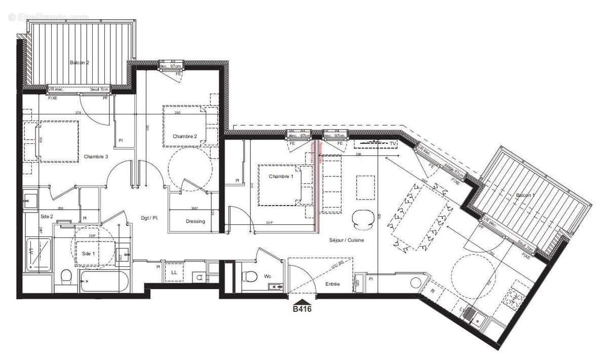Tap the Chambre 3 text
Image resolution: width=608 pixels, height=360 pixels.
pyautogui.click(x=96, y=156)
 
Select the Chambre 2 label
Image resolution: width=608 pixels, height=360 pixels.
pyautogui.click(x=184, y=136)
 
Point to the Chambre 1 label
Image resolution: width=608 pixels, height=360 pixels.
pyautogui.click(x=281, y=176)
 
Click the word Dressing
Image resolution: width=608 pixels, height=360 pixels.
pyautogui.click(x=195, y=221)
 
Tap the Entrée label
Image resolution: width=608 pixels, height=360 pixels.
pyautogui.click(x=332, y=285)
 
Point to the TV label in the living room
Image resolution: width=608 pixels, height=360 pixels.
pyautogui.click(x=393, y=144)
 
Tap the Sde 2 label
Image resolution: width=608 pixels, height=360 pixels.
pyautogui.click(x=47, y=216)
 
